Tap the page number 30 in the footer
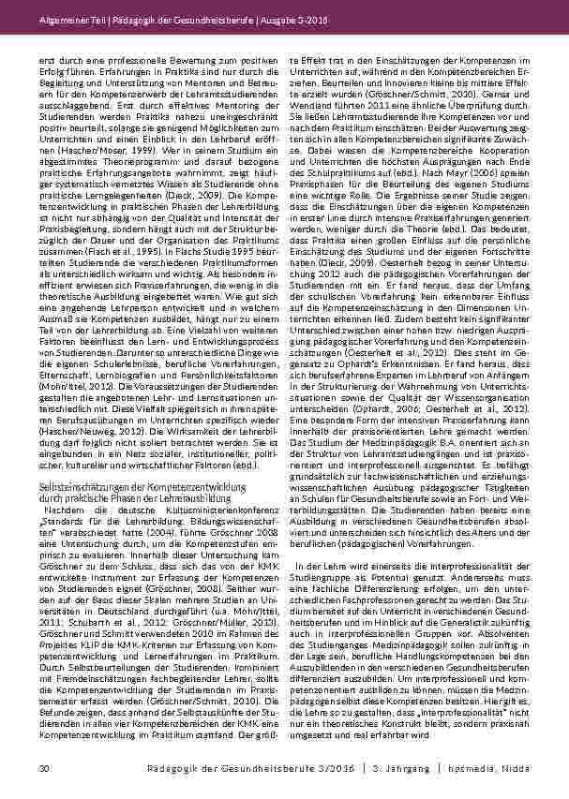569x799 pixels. click(x=44, y=769)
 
